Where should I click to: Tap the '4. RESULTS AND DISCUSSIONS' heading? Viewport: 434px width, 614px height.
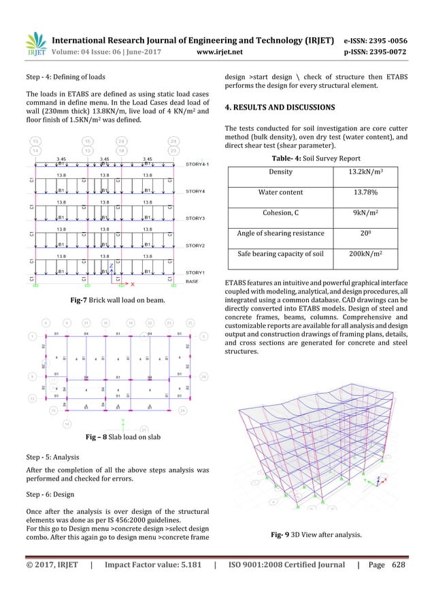[x=278, y=108]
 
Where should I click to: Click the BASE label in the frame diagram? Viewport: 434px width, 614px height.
[x=193, y=280]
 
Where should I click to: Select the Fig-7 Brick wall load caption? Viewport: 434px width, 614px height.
[x=116, y=300]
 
